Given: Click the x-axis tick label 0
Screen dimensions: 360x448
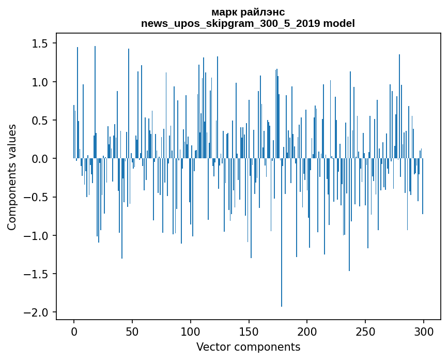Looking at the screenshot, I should [74, 331].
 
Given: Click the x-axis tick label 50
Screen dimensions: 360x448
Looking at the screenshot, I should [132, 331].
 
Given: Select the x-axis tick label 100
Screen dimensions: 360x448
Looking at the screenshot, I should [191, 331].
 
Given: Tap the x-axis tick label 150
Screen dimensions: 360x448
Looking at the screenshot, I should [249, 331].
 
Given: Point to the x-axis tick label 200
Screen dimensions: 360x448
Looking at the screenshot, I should [307, 331].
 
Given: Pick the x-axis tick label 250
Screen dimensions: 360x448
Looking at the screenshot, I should [365, 331].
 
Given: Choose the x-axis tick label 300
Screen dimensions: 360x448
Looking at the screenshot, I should [424, 331].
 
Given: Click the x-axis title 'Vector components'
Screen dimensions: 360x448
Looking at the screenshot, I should [248, 347].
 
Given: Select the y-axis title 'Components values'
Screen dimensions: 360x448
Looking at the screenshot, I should [12, 177].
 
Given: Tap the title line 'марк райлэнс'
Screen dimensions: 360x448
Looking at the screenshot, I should [248, 12].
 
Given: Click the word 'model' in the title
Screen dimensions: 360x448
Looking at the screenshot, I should [339, 23].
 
